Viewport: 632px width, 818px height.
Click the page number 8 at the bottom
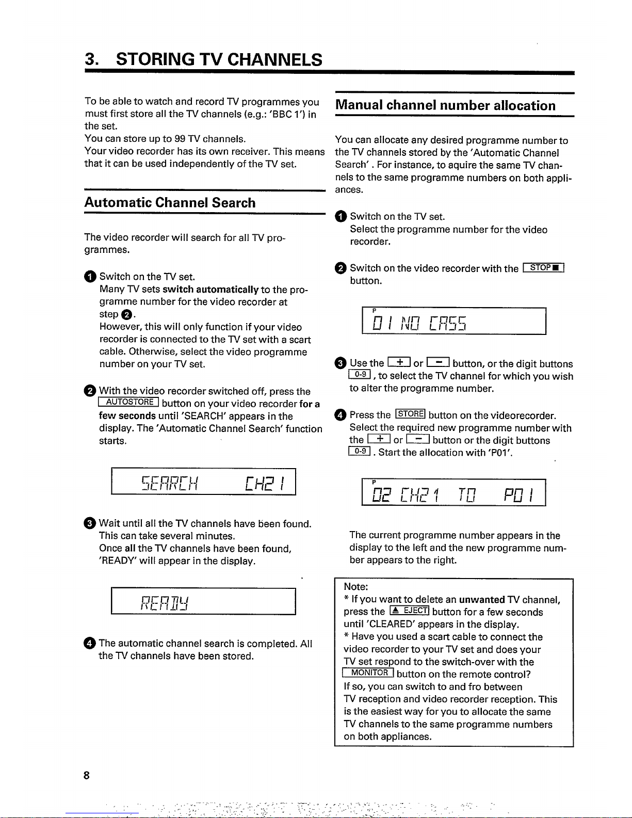click(87, 775)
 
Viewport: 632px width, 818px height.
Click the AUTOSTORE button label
click(129, 403)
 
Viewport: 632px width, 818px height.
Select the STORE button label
click(410, 414)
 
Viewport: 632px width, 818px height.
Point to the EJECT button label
click(410, 612)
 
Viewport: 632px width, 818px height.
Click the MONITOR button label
click(368, 673)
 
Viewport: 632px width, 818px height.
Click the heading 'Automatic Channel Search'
click(170, 203)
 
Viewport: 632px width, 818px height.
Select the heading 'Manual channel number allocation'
click(445, 106)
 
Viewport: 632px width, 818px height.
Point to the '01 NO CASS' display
click(420, 323)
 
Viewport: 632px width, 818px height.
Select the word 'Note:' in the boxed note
click(356, 587)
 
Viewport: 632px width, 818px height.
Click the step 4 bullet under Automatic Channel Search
click(90, 643)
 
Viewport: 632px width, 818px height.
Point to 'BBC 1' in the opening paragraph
click(289, 114)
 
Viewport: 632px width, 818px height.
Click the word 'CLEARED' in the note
click(393, 624)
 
